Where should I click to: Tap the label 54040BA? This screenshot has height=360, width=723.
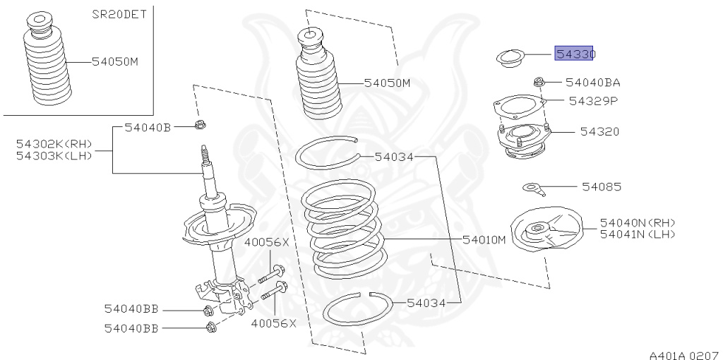(592, 83)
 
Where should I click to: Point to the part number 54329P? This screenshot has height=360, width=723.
(593, 101)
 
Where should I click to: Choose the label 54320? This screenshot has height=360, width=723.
(599, 131)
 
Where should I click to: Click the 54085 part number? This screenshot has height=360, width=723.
(601, 187)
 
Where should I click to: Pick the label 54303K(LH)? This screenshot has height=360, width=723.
(54, 155)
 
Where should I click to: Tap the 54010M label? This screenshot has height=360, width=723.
(484, 240)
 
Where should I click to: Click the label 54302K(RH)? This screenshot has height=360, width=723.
(54, 143)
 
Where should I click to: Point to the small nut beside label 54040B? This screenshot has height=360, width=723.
(199, 126)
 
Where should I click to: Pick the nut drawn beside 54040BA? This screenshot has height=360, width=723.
(539, 82)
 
